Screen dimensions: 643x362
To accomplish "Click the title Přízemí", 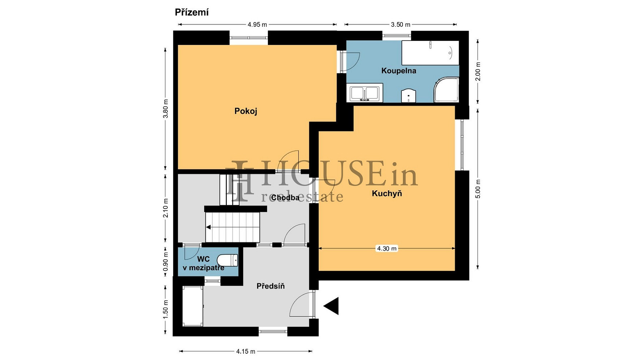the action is (192, 12).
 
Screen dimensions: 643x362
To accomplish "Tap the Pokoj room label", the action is (246, 111).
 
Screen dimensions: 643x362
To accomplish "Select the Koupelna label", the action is (399, 71).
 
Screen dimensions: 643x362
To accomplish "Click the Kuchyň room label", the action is (387, 193).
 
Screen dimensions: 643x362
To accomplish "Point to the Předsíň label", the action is (271, 286).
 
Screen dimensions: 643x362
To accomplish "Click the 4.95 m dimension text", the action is (257, 25).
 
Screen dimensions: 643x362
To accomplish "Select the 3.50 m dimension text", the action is (400, 25).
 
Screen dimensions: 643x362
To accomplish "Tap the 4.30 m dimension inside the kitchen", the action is (387, 248).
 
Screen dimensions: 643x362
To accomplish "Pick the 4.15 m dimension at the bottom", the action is (246, 351).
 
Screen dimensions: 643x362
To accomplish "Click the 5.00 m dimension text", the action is (478, 189).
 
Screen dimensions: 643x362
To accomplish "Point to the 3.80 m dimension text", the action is (166, 109).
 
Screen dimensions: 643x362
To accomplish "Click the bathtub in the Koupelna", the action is (430, 53).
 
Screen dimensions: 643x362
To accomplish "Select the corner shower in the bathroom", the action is (446, 90).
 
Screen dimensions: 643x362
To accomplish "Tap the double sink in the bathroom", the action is (365, 93).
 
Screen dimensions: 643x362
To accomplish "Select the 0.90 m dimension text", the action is (166, 262).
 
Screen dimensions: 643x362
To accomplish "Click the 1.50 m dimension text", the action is (166, 310).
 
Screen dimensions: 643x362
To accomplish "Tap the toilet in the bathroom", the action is (408, 95).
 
